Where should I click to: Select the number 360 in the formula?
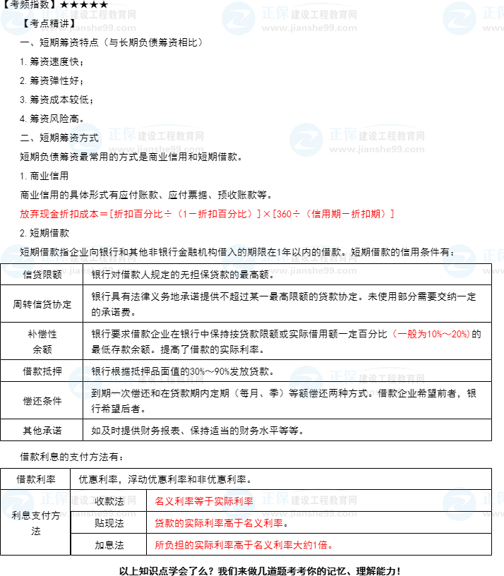pos(286,214)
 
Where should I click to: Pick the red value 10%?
pos(435,334)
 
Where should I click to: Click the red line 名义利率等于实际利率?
pos(203,501)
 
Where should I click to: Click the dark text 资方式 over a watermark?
pos(84,138)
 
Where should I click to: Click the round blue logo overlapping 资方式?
pos(85,140)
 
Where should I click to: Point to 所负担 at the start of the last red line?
pos(168,545)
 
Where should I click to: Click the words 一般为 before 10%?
pos(412,334)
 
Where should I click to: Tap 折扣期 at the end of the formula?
pos(371,214)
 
